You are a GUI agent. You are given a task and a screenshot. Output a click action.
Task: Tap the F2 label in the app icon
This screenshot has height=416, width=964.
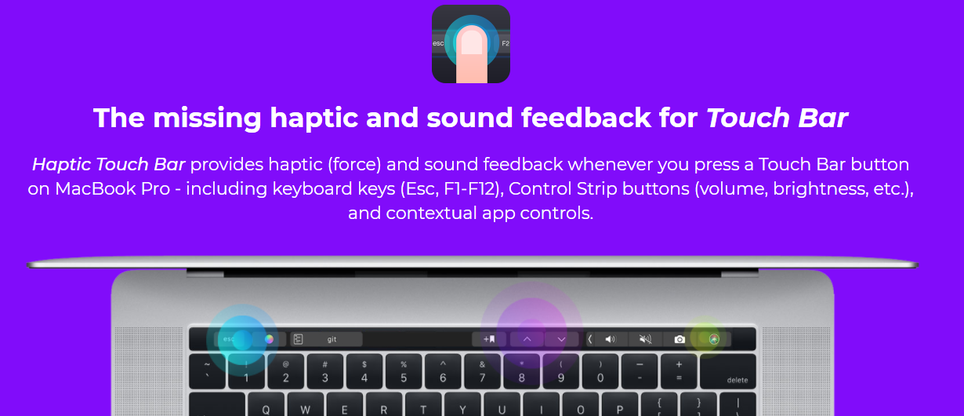[505, 43]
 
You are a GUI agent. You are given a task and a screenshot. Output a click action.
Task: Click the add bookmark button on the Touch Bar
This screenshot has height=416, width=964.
[490, 339]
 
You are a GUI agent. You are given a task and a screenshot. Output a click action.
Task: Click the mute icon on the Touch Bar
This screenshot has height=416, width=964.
[645, 339]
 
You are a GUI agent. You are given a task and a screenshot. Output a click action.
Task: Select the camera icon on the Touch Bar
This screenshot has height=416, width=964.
[680, 339]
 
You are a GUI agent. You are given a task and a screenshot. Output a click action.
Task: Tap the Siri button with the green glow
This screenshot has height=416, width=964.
[713, 339]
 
